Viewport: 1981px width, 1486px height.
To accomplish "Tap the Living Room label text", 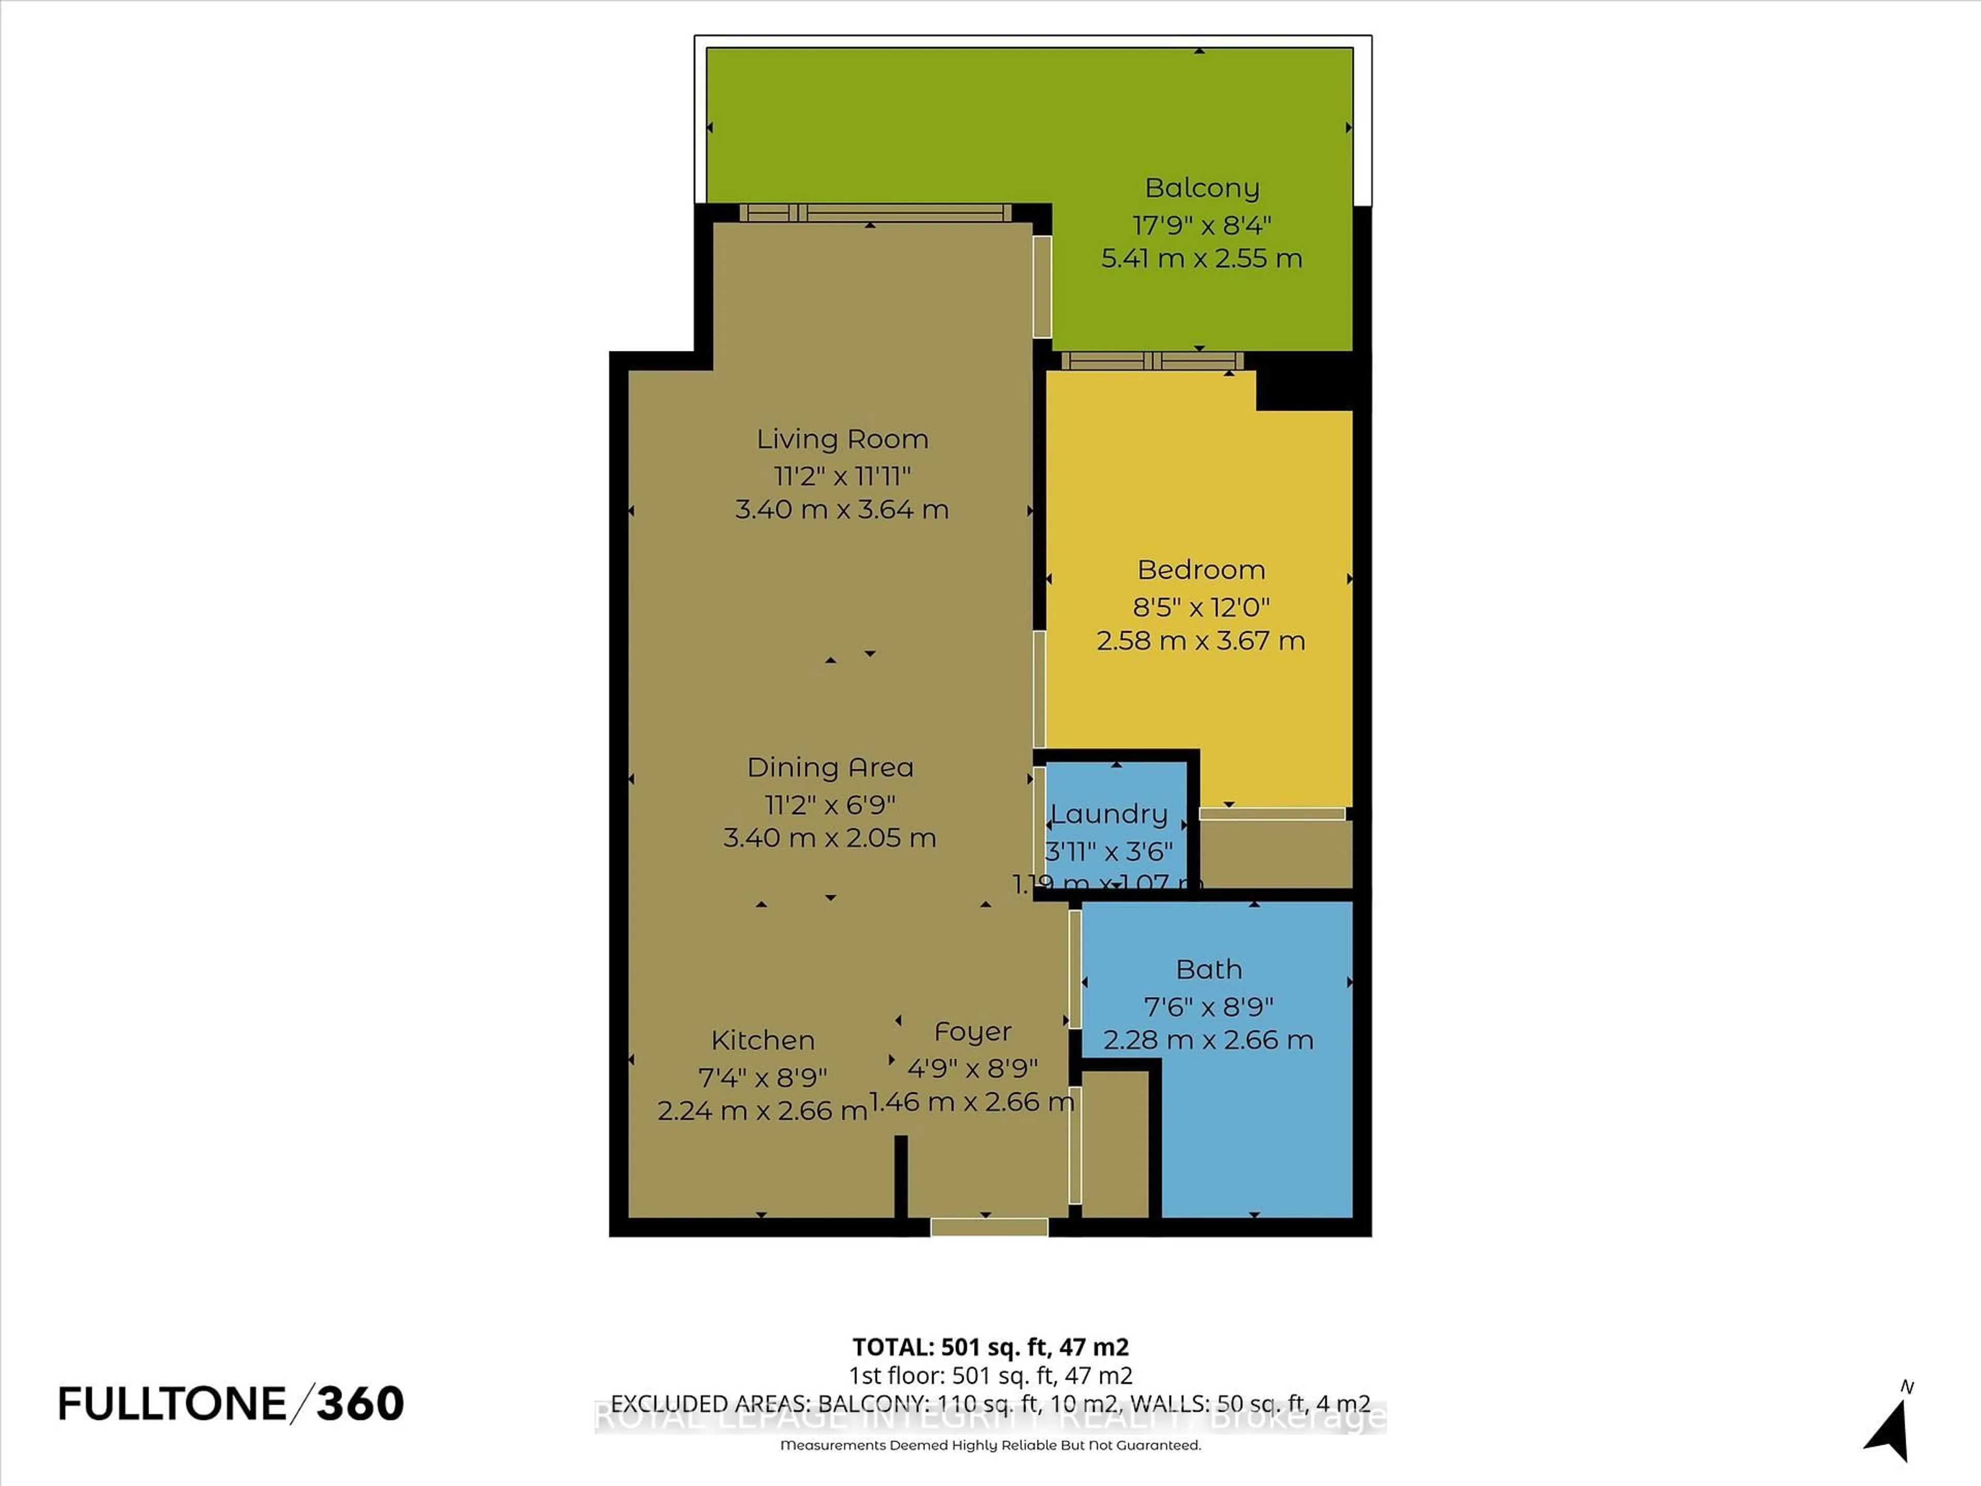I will [x=842, y=439].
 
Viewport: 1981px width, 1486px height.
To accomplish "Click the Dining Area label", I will [x=830, y=768].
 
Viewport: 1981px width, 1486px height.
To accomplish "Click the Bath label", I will [x=1208, y=969].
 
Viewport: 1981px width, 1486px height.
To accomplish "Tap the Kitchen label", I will [x=762, y=1040].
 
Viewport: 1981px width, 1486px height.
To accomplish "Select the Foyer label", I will [x=972, y=1032].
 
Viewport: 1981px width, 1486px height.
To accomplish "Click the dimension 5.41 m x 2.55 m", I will [x=1201, y=258].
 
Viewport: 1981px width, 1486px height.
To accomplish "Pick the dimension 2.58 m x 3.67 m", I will [x=1200, y=640].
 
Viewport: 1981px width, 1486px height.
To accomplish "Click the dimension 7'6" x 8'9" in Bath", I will [x=1208, y=1007].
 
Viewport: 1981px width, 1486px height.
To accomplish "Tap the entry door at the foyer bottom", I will [x=989, y=1227].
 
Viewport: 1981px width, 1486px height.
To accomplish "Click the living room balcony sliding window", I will [x=874, y=212].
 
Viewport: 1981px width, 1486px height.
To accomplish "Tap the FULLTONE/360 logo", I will [x=231, y=1403].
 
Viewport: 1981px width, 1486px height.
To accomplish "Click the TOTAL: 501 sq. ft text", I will [x=989, y=1347].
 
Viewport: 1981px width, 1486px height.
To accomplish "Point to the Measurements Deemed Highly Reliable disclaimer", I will [x=989, y=1445].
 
